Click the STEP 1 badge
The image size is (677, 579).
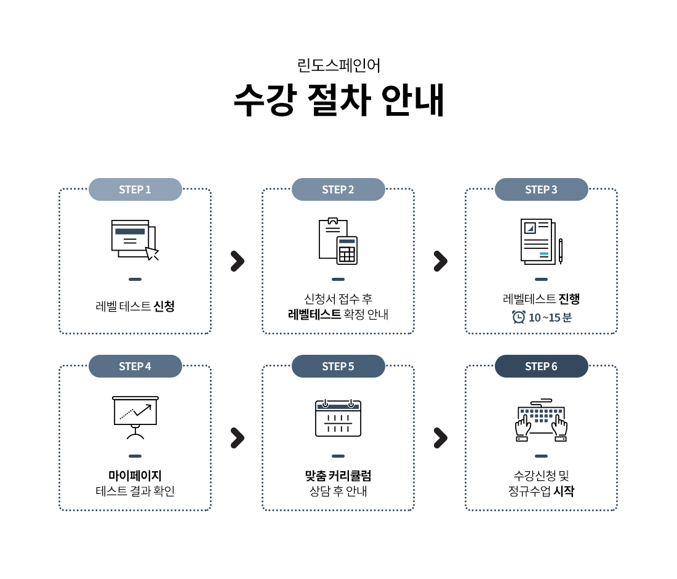[135, 189]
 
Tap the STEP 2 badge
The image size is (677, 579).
[338, 189]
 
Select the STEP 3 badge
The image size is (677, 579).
[541, 189]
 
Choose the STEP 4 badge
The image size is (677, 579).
[135, 366]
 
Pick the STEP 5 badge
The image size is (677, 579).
[338, 366]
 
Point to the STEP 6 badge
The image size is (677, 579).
[541, 366]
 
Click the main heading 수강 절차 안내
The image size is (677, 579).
[338, 100]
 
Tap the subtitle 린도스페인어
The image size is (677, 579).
[338, 65]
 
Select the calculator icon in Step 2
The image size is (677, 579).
[347, 250]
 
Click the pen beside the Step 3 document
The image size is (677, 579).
[560, 250]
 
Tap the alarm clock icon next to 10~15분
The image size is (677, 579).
[519, 317]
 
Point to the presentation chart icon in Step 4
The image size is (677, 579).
[135, 415]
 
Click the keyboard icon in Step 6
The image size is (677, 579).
[542, 420]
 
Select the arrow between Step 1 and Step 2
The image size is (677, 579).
[237, 261]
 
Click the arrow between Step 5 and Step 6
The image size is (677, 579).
[440, 438]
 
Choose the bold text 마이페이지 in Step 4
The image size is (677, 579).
[135, 476]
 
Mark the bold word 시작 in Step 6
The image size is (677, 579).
[564, 492]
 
